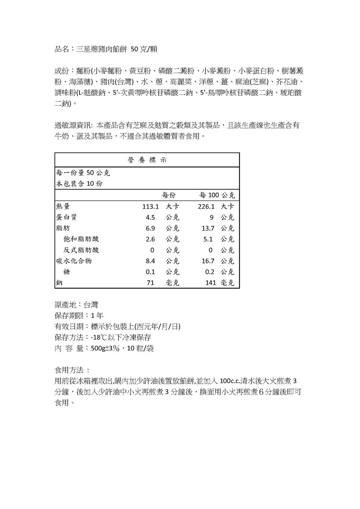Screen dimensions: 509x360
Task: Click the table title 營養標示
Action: pyautogui.click(x=147, y=160)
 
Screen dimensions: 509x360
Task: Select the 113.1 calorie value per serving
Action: pyautogui.click(x=150, y=207)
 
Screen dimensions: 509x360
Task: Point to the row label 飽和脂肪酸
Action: pyautogui.click(x=81, y=239)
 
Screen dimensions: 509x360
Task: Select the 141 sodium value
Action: pyautogui.click(x=210, y=283)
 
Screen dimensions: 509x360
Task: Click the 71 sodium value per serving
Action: pyautogui.click(x=150, y=283)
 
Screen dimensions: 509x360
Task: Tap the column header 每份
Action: pyautogui.click(x=168, y=195)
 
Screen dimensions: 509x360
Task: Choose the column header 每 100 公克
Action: pyautogui.click(x=217, y=195)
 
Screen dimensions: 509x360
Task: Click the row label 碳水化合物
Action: pyautogui.click(x=74, y=261)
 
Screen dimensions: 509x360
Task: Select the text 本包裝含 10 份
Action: pyautogui.click(x=79, y=184)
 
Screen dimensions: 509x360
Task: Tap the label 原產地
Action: pyautogui.click(x=65, y=305)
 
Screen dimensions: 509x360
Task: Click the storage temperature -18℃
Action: pyautogui.click(x=99, y=337)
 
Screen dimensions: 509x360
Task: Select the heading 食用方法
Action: pyautogui.click(x=69, y=370)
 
